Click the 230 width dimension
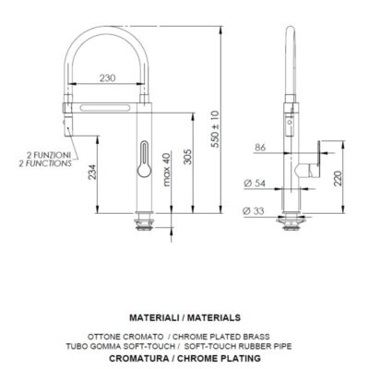[x=109, y=79]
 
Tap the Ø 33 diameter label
[x=257, y=211]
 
